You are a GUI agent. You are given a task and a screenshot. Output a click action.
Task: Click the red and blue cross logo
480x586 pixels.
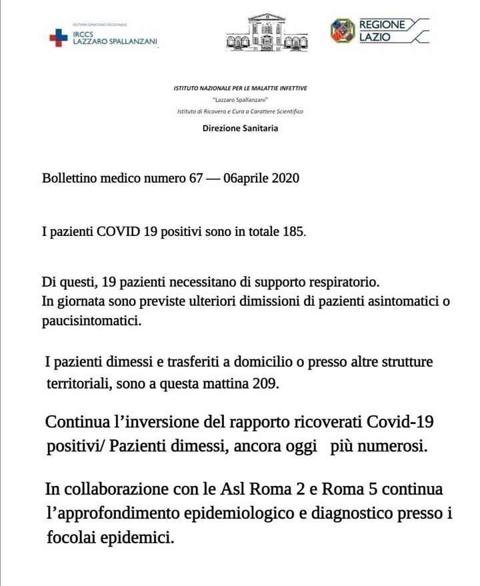(x=59, y=37)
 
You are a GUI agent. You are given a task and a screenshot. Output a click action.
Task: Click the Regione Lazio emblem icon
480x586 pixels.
(x=343, y=30)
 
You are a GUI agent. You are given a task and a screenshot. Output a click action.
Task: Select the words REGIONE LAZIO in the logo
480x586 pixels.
(x=382, y=31)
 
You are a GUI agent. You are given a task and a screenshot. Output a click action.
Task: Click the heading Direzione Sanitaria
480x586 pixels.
(x=240, y=128)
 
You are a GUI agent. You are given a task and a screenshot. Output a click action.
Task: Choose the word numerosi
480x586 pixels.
(x=393, y=446)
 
